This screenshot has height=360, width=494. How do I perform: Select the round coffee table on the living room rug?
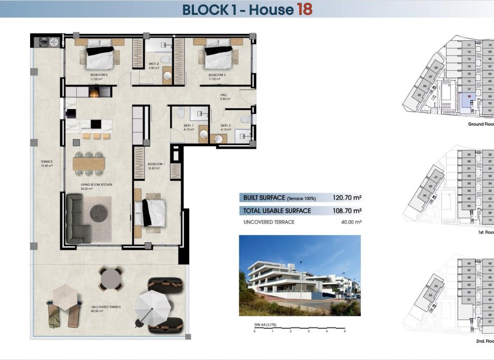99,213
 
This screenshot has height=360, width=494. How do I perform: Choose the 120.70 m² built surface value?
347,198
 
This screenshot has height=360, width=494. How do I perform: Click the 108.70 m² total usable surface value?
347,211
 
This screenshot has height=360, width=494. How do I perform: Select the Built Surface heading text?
264,198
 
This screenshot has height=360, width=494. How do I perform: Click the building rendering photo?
300,275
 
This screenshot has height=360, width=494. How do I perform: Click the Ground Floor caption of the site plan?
481,124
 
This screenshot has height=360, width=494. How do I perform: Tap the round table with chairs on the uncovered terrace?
111,278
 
